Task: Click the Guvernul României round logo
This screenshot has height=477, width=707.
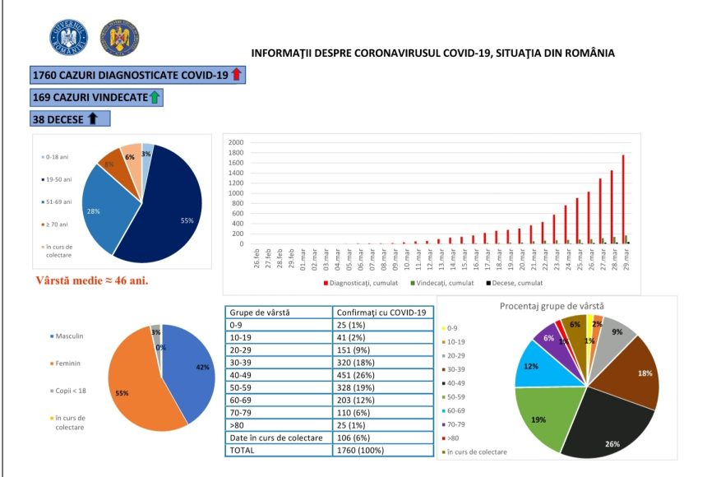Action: point(68,38)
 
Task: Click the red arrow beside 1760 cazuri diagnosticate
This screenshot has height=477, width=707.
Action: point(236,75)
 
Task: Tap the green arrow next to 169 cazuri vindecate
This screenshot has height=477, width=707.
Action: point(154,97)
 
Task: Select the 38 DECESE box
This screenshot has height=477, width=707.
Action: point(70,118)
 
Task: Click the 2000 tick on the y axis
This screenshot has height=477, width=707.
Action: point(236,142)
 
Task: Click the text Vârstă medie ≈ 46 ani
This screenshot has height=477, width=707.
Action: point(93,280)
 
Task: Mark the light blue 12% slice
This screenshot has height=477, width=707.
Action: point(532,368)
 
